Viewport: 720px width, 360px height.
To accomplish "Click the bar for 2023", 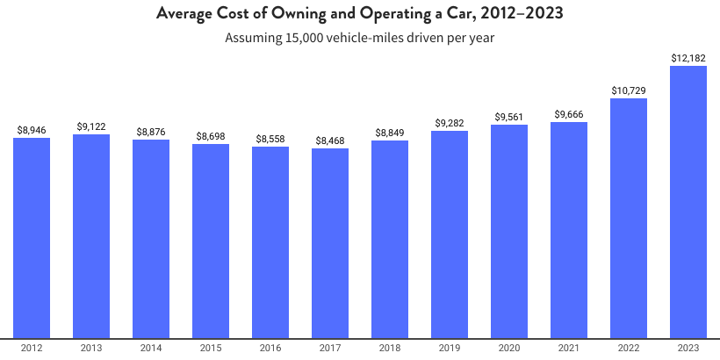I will [688, 202].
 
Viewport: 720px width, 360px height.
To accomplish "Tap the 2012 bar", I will [32, 237].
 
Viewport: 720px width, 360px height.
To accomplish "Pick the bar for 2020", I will [509, 231].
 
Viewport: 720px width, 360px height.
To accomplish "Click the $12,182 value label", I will [688, 58].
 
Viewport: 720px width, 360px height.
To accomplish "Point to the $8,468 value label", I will [330, 140].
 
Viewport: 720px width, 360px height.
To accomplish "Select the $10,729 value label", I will [629, 90].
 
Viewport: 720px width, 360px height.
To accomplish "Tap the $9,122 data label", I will [91, 126].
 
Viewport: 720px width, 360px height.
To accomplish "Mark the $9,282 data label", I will [450, 124].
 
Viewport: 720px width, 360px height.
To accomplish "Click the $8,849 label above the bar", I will [390, 133].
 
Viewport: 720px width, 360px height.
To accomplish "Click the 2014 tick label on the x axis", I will [151, 349].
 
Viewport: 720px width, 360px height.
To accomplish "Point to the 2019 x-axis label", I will [450, 349].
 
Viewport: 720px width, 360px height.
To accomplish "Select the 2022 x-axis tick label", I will [629, 349].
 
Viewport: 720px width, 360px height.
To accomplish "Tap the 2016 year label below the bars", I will [270, 349].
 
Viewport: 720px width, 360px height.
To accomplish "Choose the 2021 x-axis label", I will [569, 349].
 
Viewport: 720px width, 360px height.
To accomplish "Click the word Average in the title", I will [185, 14].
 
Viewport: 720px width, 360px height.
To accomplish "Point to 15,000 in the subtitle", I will [305, 39].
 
